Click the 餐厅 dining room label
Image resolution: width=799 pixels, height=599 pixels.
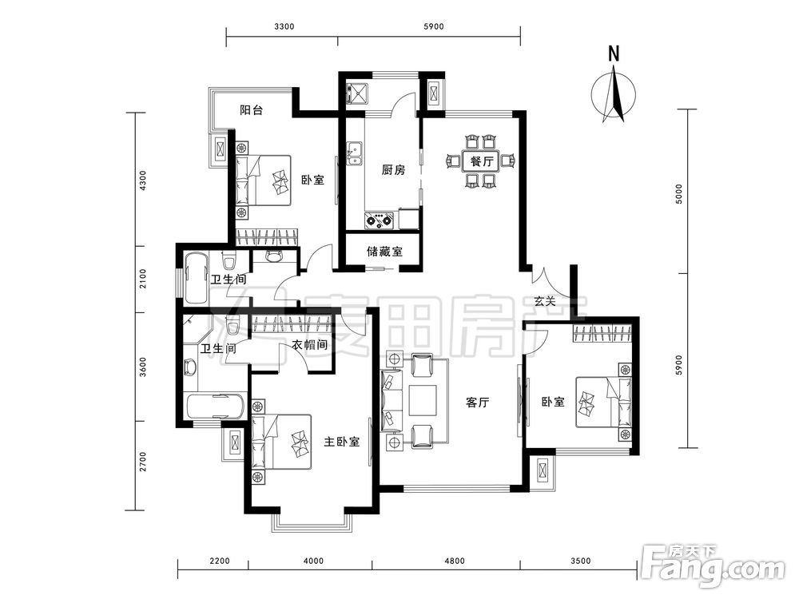(x=482, y=162)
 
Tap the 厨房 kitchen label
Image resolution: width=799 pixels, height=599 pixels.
(x=393, y=169)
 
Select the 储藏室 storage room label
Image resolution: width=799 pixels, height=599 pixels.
(x=385, y=251)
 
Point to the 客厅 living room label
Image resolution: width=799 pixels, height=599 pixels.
(x=478, y=403)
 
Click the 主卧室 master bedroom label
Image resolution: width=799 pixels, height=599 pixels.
(x=342, y=442)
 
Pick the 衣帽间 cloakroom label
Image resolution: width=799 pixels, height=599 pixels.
(x=309, y=345)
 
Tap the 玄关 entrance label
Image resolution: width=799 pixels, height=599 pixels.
(x=545, y=301)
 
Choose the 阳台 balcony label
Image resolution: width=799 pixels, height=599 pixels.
(x=251, y=110)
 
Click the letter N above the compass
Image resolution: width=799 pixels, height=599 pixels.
(x=614, y=54)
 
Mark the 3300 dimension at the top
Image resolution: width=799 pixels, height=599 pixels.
(x=284, y=26)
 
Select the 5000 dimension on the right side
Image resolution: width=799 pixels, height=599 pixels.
(x=678, y=194)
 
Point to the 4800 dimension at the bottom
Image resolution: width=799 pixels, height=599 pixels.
(x=455, y=561)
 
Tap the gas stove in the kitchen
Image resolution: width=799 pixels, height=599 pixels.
(x=379, y=220)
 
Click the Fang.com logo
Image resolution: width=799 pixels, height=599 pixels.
(x=714, y=565)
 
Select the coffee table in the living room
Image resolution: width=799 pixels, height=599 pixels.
(x=423, y=402)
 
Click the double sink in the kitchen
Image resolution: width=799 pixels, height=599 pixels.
(x=354, y=153)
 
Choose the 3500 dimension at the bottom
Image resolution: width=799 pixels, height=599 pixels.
(x=580, y=561)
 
